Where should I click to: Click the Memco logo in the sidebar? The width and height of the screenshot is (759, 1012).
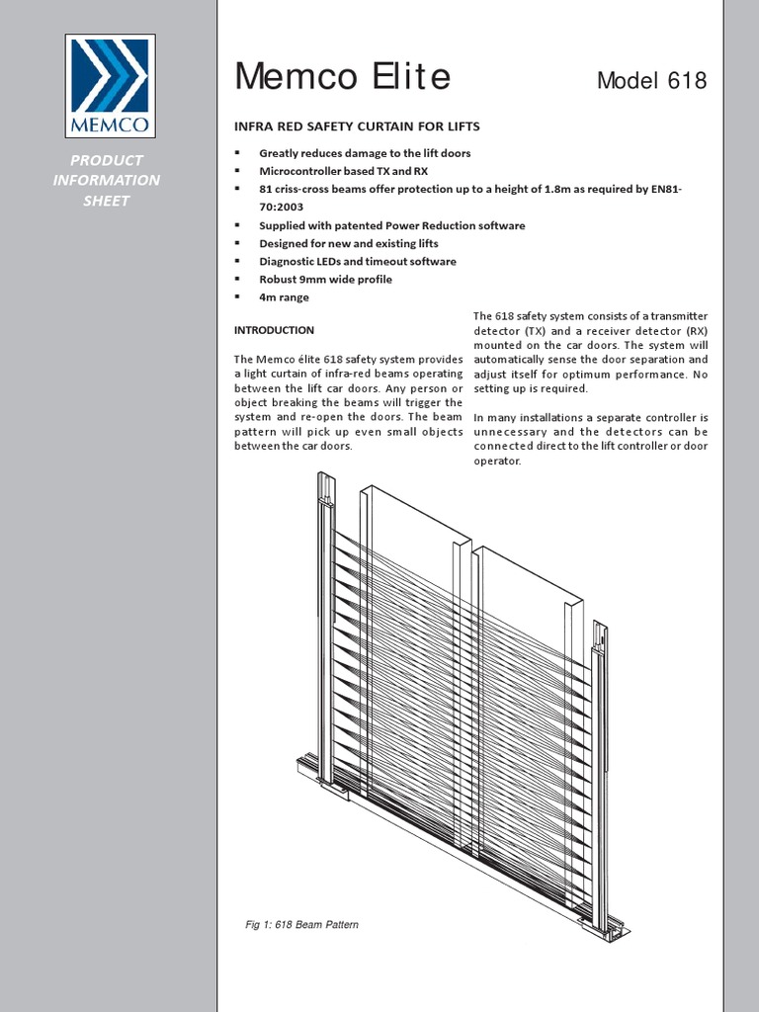click(x=109, y=86)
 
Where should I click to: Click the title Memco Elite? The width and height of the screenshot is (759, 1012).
click(x=342, y=76)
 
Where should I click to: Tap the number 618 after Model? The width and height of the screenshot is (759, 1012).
click(x=688, y=81)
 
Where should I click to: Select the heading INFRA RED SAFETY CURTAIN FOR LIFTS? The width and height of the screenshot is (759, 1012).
click(x=356, y=126)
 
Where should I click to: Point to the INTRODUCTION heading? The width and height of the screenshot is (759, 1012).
click(x=274, y=330)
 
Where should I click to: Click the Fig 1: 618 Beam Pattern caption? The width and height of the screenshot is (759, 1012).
click(x=301, y=925)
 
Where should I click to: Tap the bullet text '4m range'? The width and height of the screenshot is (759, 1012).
click(x=284, y=296)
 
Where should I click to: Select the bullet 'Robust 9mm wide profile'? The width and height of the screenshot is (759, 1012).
click(x=325, y=279)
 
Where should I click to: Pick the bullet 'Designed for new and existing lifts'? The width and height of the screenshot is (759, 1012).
click(x=348, y=243)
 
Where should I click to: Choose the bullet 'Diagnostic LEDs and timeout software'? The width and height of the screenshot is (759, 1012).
click(x=357, y=261)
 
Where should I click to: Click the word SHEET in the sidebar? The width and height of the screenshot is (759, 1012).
click(x=106, y=201)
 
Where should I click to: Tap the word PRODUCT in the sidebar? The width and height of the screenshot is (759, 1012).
click(x=106, y=160)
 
